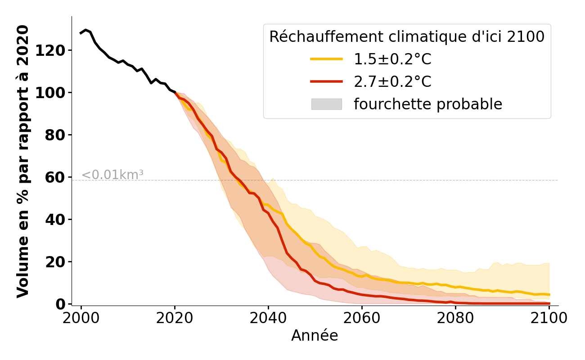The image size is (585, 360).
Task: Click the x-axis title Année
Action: (315, 336)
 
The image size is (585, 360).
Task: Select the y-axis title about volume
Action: (23, 161)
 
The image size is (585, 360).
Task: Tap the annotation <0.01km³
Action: (112, 175)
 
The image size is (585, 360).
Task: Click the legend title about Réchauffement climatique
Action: (407, 36)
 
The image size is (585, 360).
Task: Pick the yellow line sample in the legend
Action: (326, 59)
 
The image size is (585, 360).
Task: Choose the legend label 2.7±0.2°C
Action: (392, 81)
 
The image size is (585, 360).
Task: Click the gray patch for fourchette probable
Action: (326, 104)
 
